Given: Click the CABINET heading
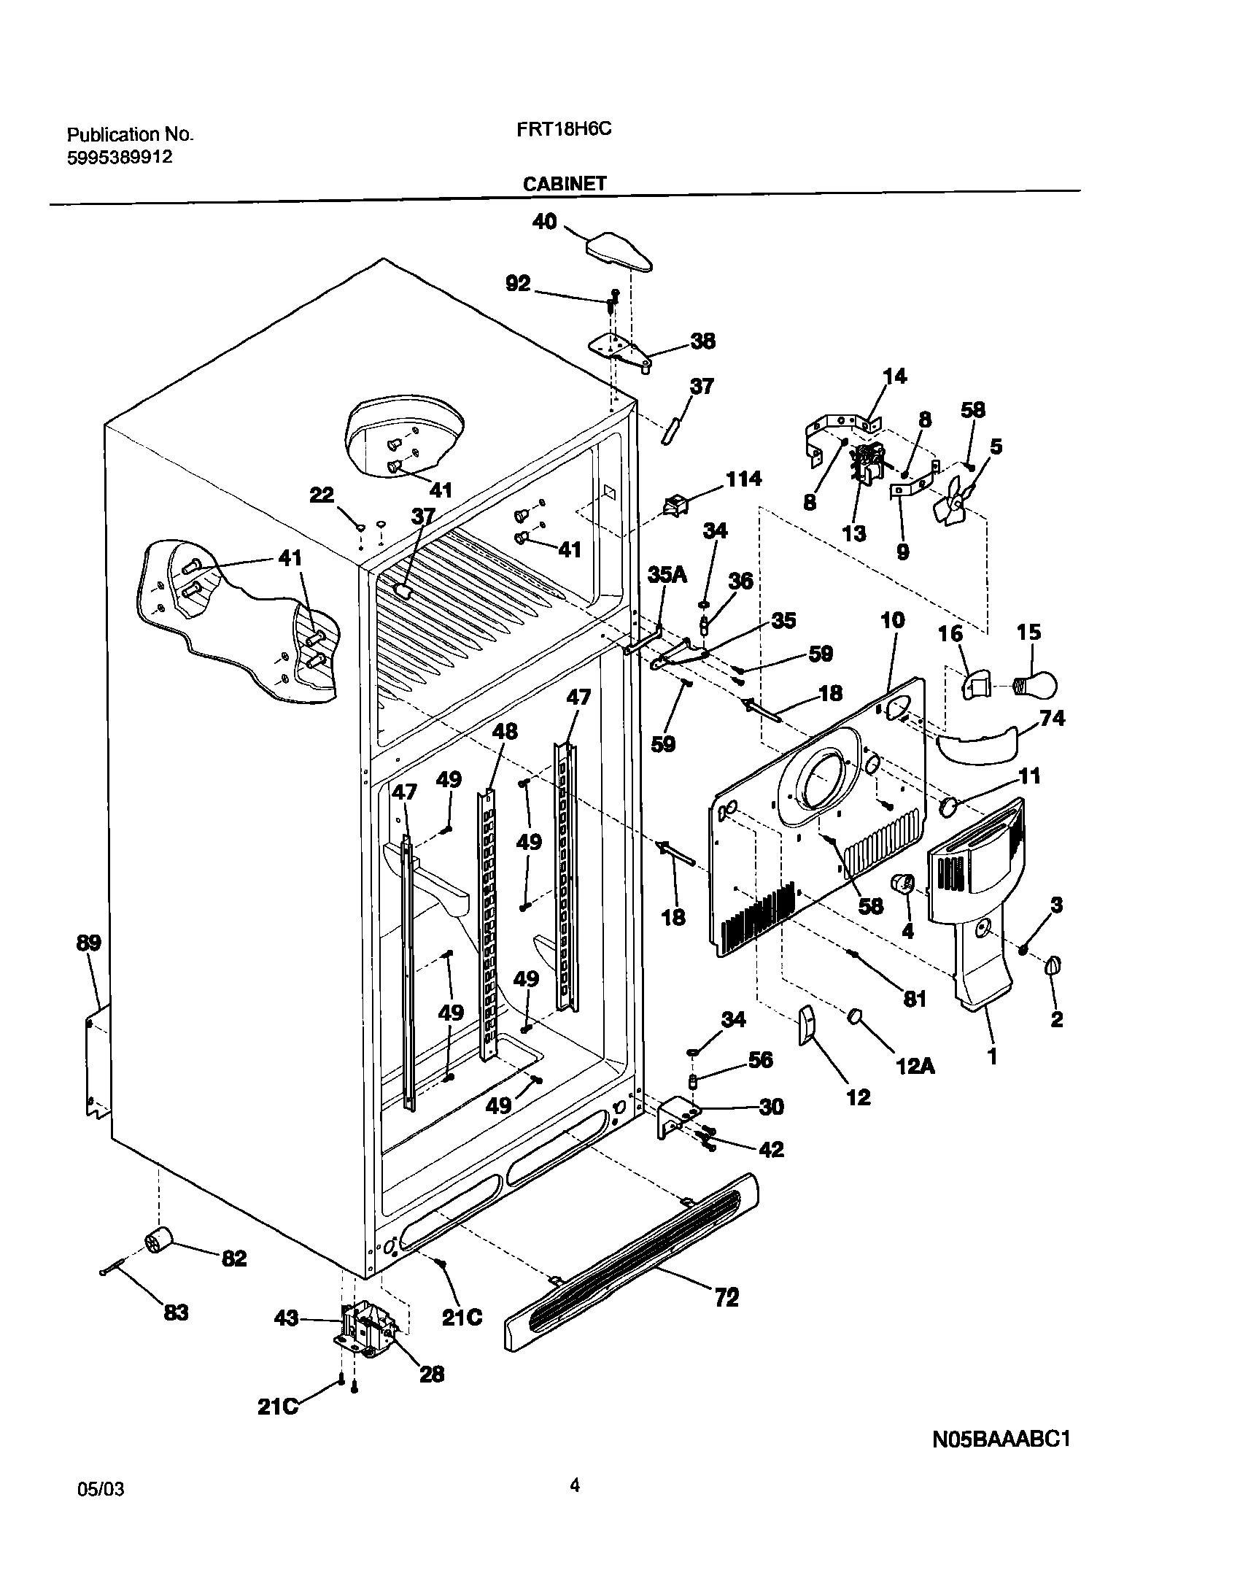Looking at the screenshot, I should (x=564, y=184).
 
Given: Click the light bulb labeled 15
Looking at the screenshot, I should (x=1036, y=685).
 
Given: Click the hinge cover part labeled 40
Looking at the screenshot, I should (x=619, y=252).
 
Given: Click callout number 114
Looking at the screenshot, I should (x=743, y=479).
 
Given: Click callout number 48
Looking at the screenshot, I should (x=505, y=730).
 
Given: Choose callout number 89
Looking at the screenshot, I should (x=88, y=943).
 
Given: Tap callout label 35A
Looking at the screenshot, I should (x=667, y=575).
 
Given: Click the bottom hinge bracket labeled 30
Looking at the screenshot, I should (x=676, y=1114).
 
